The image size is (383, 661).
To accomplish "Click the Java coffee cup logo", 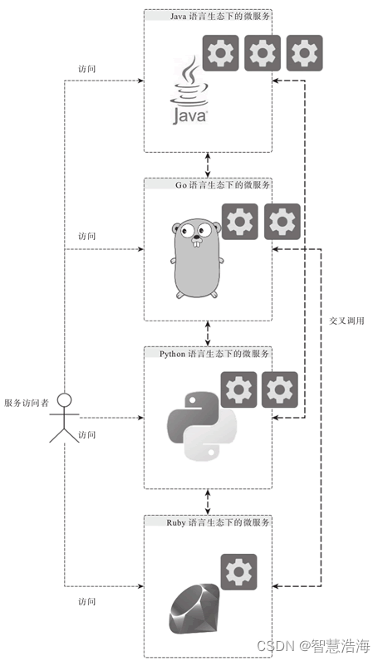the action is coord(189,90).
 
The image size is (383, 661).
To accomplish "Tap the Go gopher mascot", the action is coord(197,258).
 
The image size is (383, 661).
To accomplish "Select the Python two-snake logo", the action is coord(202,427).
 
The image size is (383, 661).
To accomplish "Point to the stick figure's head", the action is coord(65,400).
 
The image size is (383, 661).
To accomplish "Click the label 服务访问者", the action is coord(27,403).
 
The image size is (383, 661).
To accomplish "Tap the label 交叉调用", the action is coord(346,321).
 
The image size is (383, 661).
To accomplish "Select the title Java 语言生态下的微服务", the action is coord(219,17).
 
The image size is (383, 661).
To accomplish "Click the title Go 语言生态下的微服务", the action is coord(223,185).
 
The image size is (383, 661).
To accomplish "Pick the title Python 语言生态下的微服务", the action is coord(214,354).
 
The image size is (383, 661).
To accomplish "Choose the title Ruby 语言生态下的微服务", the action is coord(218,522).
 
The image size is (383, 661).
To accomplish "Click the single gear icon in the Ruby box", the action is coord(238,571).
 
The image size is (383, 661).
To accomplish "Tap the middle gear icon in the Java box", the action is coord(263,52).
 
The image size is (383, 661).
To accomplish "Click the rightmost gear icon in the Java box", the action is coord(305,52).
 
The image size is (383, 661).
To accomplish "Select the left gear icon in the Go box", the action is coord(239,222).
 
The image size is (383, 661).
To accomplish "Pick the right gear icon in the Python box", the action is coord(280,389).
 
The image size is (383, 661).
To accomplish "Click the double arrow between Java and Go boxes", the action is coord(208,164).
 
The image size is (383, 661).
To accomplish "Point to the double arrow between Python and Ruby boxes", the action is coord(208,502).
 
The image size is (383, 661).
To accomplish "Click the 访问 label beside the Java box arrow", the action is coord(87,69).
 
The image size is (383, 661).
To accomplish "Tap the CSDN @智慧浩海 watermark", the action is coord(313,645).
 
